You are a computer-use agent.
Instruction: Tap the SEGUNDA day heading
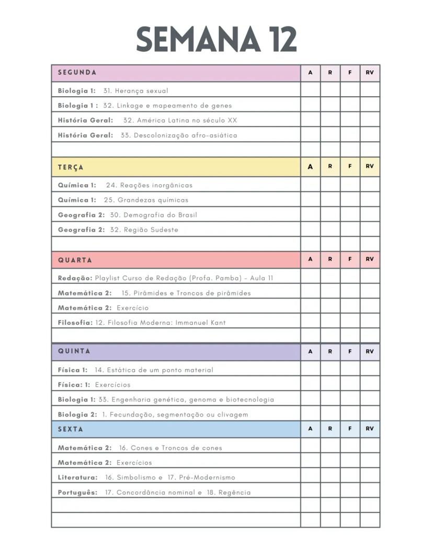[77, 73]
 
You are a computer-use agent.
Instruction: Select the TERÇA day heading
[71, 167]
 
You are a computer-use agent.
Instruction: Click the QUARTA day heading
[75, 260]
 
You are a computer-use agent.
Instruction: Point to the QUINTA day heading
[74, 351]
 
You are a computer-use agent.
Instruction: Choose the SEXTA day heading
[71, 429]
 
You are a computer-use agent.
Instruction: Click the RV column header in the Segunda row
[370, 73]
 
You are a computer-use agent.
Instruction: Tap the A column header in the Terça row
[310, 167]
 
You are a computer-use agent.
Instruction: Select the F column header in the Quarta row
[350, 259]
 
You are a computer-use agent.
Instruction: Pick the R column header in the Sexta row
[330, 429]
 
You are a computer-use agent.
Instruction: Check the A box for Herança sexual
[310, 90]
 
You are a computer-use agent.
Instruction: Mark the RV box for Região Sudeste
[370, 230]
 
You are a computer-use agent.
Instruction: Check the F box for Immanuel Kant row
[350, 323]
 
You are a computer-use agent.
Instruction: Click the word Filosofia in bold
[75, 323]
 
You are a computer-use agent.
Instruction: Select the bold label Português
[77, 493]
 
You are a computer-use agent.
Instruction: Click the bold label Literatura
[77, 477]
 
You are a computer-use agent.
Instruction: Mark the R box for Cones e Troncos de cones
[330, 448]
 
